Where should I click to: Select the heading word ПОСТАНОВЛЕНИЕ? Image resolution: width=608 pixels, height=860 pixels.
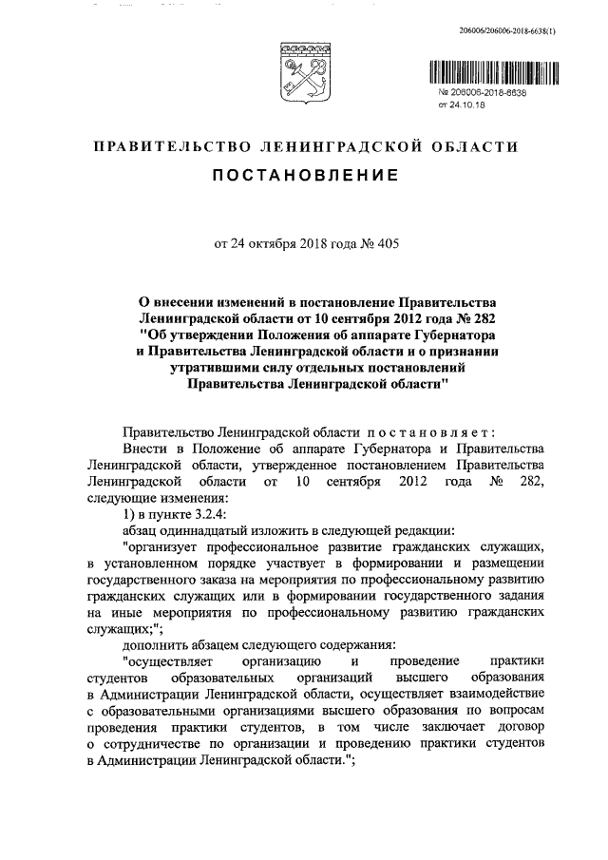point(304,177)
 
